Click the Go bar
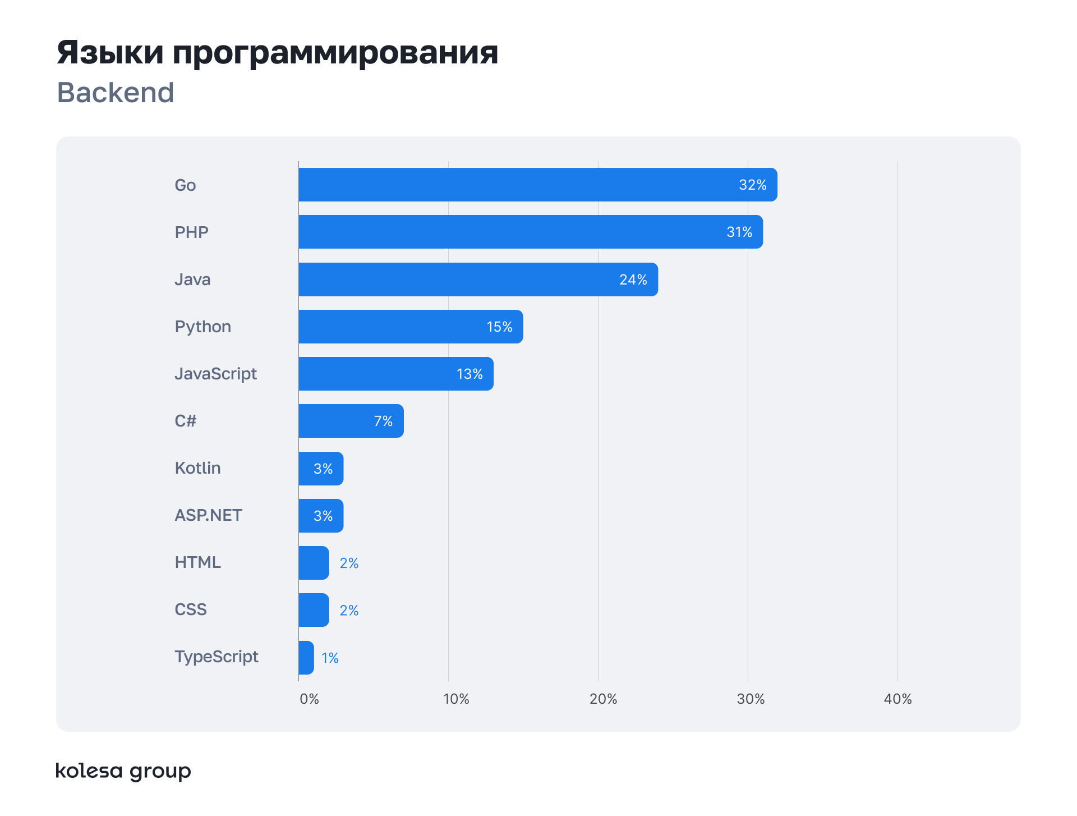point(537,185)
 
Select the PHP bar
point(530,232)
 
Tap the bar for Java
point(478,279)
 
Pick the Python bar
point(411,327)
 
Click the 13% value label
point(470,374)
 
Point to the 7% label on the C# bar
point(383,421)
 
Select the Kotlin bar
point(321,469)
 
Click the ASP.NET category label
point(208,515)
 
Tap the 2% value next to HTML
point(349,563)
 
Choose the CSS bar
point(314,610)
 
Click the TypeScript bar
point(306,658)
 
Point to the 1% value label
point(330,658)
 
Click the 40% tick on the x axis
point(897,699)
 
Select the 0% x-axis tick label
point(309,699)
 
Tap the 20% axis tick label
point(603,699)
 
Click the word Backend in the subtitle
point(116,93)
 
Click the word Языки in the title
point(111,53)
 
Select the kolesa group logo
point(123,771)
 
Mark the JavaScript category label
point(215,374)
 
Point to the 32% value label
point(752,185)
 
